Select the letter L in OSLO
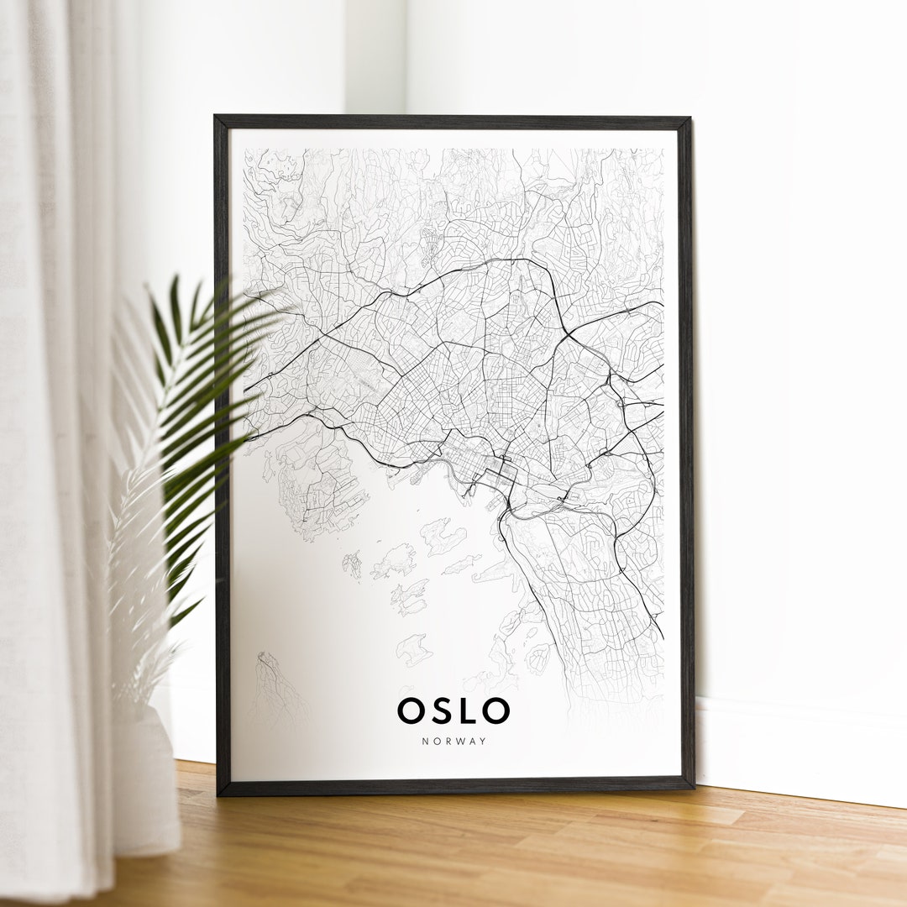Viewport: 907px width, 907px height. click(467, 710)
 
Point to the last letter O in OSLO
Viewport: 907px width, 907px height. click(496, 710)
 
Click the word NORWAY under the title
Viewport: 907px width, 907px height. click(453, 741)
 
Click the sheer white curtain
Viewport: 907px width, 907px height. click(50, 420)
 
